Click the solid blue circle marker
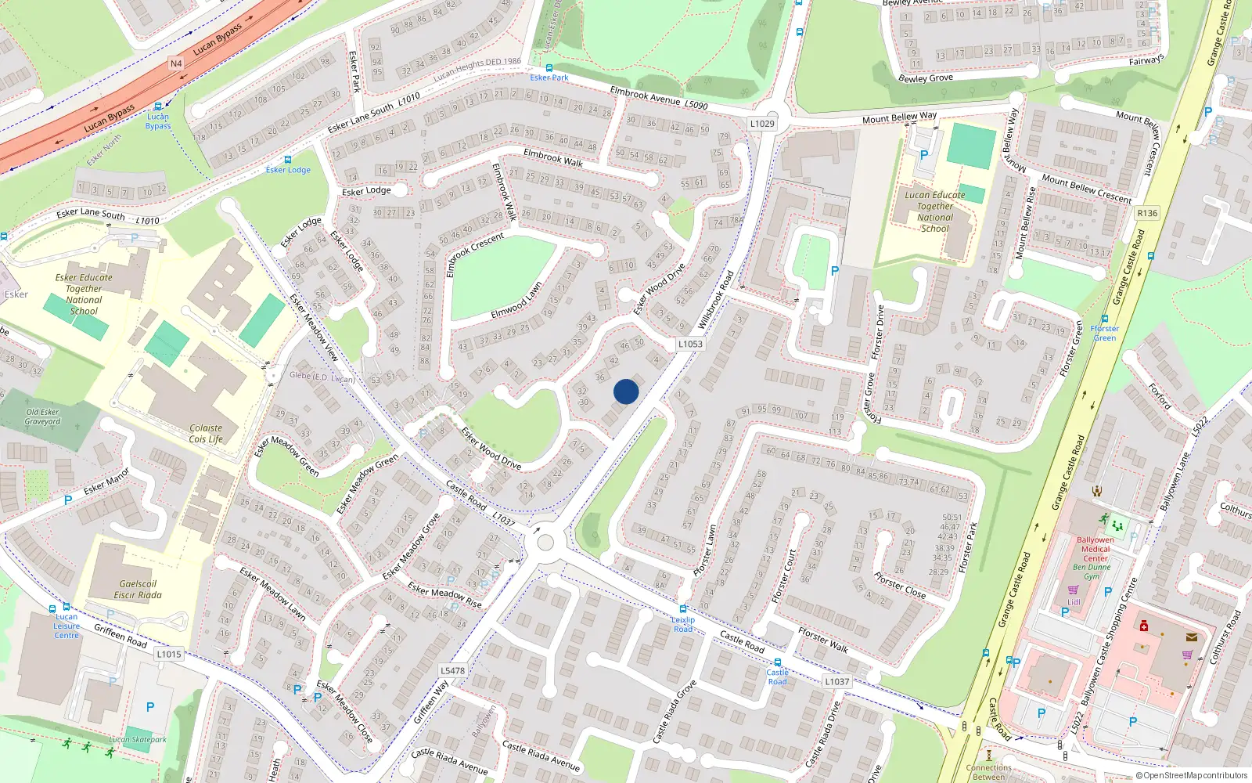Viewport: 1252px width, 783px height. pyautogui.click(x=626, y=391)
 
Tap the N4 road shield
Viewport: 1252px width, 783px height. pyautogui.click(x=176, y=63)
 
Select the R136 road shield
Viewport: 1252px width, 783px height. pyautogui.click(x=1147, y=213)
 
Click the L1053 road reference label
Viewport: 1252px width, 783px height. pyautogui.click(x=690, y=344)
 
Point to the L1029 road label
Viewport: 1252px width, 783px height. pyautogui.click(x=761, y=124)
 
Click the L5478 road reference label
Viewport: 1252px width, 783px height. pyautogui.click(x=452, y=670)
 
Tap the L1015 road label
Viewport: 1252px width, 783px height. pyautogui.click(x=168, y=654)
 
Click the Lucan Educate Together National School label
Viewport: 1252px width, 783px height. pyautogui.click(x=935, y=211)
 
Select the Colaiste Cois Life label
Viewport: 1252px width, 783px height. pyautogui.click(x=206, y=434)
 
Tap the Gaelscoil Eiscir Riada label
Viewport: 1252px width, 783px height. pyautogui.click(x=138, y=590)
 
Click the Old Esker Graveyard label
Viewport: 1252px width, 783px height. pyautogui.click(x=42, y=417)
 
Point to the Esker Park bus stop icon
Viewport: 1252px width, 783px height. pyautogui.click(x=549, y=68)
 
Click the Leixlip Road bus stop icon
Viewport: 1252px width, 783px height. pyautogui.click(x=683, y=609)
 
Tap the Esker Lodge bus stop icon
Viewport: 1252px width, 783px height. pyautogui.click(x=288, y=160)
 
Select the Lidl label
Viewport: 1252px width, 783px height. pyautogui.click(x=1074, y=602)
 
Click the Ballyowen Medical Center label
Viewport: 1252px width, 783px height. pyautogui.click(x=1095, y=549)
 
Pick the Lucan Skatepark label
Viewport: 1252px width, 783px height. pyautogui.click(x=138, y=739)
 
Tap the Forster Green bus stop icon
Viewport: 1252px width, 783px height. pyautogui.click(x=1104, y=319)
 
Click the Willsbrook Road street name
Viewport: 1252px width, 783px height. pyautogui.click(x=716, y=299)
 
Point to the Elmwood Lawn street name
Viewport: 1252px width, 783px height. pyautogui.click(x=516, y=301)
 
